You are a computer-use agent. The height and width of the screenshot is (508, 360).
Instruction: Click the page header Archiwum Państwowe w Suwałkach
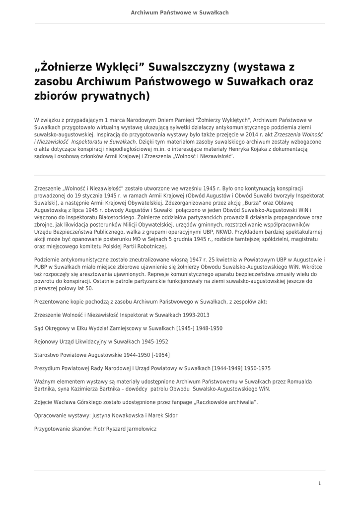[180, 12]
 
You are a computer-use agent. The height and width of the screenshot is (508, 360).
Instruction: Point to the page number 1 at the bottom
[319, 483]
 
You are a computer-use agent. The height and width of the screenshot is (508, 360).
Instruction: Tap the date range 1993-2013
[196, 315]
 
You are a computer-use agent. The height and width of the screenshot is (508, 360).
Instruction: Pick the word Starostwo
[47, 355]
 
